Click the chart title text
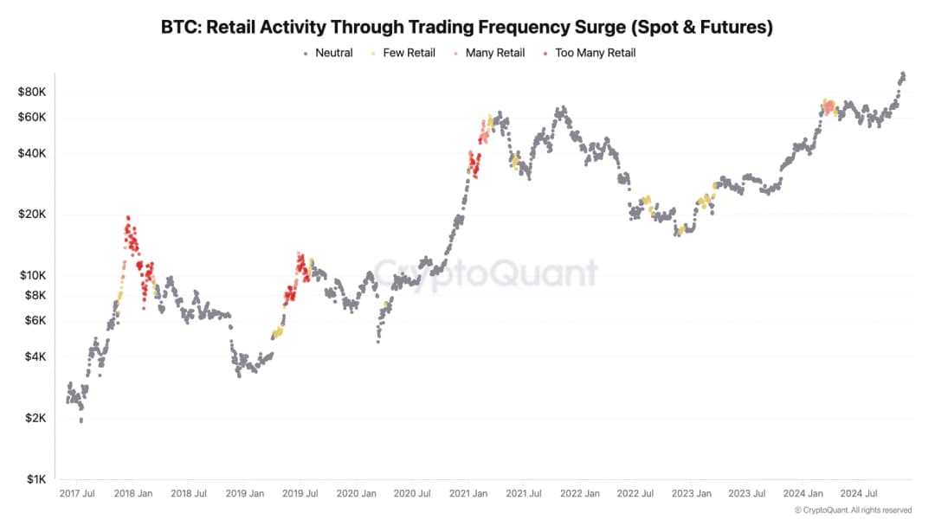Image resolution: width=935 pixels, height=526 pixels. [467, 27]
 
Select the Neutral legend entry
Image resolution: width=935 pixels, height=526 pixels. [333, 53]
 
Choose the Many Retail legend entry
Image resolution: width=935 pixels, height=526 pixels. [494, 53]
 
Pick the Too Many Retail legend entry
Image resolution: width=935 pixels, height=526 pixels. [595, 53]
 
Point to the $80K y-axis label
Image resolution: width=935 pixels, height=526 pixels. [31, 92]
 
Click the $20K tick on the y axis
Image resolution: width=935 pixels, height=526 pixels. [31, 215]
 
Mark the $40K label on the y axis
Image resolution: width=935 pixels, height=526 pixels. [31, 153]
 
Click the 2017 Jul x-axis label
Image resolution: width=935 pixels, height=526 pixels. [76, 494]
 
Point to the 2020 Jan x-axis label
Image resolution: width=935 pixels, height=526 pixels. [356, 494]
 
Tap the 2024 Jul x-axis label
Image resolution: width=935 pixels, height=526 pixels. [859, 494]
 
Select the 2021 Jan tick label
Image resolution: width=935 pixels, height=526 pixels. [467, 494]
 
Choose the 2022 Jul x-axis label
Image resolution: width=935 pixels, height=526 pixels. [635, 494]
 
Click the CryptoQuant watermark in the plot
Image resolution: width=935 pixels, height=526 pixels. [485, 273]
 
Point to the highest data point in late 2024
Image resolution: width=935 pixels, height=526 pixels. [903, 74]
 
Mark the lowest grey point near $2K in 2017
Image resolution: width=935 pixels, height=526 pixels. [81, 420]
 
